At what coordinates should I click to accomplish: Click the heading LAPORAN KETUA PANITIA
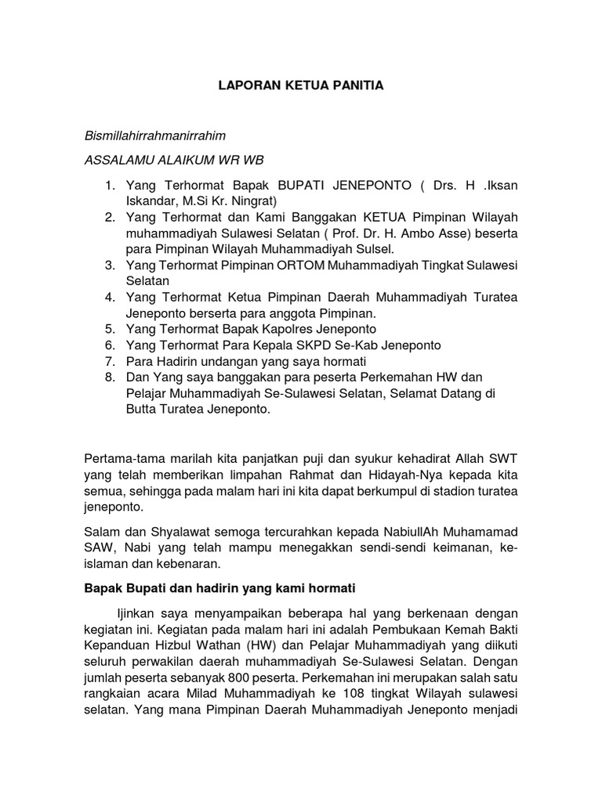coord(301,85)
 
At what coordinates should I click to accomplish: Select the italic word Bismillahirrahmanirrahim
coord(154,135)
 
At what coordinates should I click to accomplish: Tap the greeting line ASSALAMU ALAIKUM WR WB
coord(174,160)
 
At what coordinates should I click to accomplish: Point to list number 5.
coord(110,329)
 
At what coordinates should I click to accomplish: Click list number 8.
coord(110,378)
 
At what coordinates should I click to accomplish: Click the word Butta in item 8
coord(142,410)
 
